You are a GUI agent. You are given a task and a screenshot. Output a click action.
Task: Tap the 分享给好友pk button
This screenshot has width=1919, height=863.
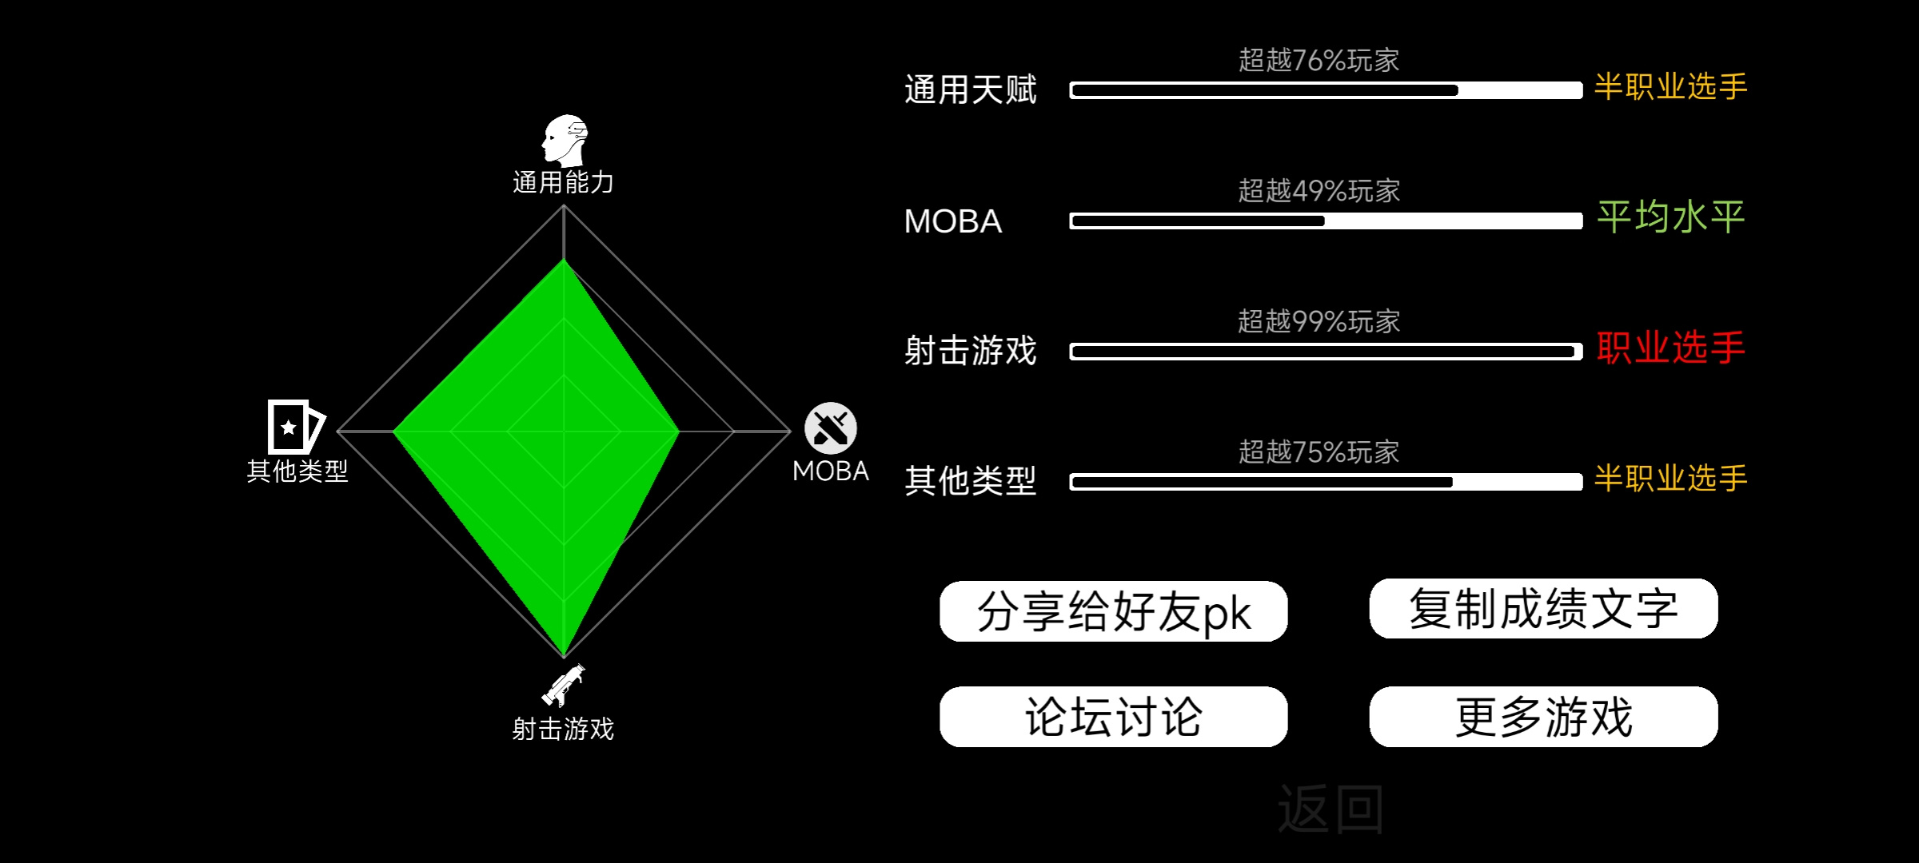(x=1113, y=611)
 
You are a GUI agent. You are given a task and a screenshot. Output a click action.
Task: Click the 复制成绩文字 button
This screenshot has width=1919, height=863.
(x=1543, y=609)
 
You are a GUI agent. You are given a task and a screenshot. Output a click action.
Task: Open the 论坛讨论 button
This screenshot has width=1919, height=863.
(x=1113, y=717)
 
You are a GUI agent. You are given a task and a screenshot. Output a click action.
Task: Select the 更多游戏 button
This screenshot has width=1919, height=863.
(x=1543, y=717)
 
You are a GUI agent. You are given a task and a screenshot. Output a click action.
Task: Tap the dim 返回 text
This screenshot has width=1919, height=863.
(x=1331, y=809)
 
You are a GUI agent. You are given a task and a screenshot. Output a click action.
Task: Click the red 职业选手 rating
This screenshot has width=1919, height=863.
(x=1671, y=348)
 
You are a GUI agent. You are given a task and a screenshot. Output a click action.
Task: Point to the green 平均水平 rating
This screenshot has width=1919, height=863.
(x=1671, y=217)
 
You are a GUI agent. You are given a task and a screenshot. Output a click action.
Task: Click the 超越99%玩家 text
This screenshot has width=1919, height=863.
(x=1319, y=321)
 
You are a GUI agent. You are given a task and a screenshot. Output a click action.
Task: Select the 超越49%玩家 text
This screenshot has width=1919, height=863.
(x=1319, y=191)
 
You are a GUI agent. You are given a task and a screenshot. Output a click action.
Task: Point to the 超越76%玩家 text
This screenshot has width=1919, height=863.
(x=1319, y=60)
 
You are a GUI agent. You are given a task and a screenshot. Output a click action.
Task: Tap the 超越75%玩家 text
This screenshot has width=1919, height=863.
(x=1319, y=452)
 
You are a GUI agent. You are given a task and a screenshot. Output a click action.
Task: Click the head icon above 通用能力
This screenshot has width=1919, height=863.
(x=565, y=140)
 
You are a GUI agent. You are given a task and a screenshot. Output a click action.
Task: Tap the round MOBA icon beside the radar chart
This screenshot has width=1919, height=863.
(x=831, y=428)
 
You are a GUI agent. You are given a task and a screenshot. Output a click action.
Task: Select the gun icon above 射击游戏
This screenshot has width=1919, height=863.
(x=563, y=686)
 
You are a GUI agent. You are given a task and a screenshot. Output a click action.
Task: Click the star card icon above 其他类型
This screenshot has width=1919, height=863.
(x=296, y=427)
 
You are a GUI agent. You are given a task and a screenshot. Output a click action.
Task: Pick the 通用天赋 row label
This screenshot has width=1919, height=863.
(x=971, y=89)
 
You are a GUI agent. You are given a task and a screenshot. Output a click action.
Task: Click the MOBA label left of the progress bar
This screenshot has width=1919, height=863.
(x=952, y=221)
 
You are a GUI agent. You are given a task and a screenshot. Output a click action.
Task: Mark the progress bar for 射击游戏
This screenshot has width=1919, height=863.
(x=1326, y=352)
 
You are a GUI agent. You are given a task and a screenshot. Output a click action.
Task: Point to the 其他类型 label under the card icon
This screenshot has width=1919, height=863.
(x=297, y=471)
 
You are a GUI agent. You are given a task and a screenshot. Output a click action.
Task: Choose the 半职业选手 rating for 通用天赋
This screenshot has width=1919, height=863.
(x=1671, y=86)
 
